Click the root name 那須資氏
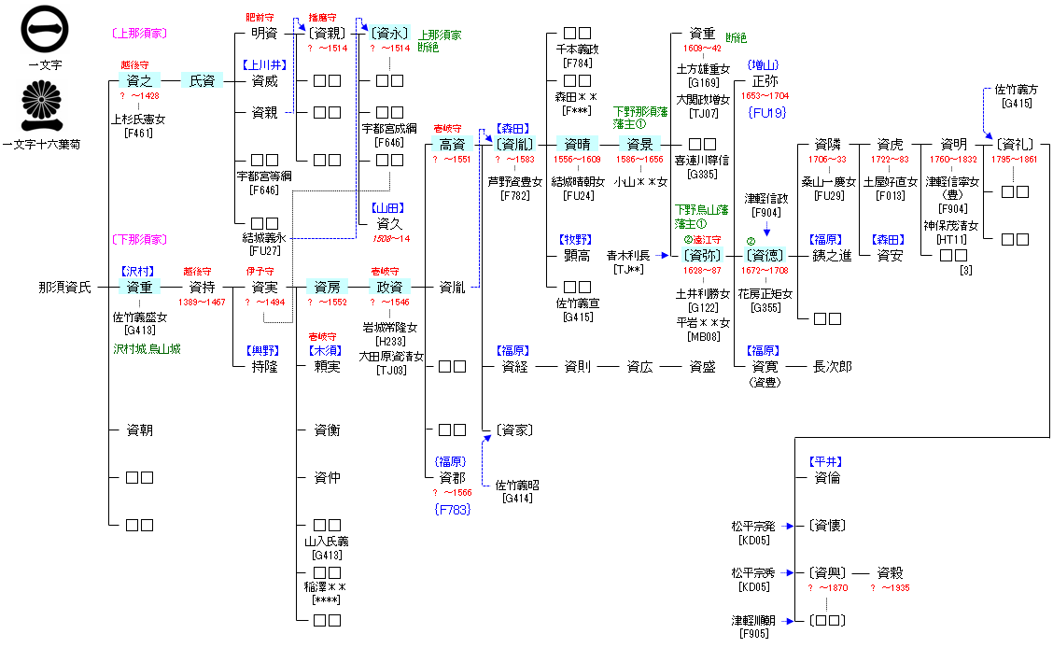[65, 287]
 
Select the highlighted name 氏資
[203, 81]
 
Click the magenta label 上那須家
[139, 33]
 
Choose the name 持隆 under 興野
[264, 366]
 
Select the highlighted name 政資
[389, 287]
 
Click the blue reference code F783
[452, 509]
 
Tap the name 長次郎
[832, 366]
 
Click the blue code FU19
[767, 113]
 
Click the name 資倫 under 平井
[827, 477]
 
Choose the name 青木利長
[628, 255]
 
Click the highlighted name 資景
[639, 144]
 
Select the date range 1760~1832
[953, 160]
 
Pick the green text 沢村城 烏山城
[147, 349]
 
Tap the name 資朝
[139, 430]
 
